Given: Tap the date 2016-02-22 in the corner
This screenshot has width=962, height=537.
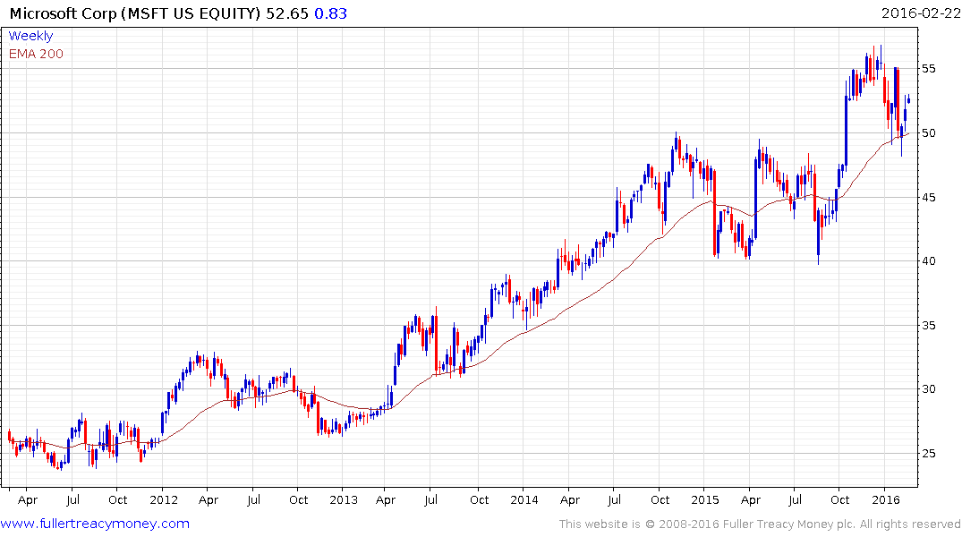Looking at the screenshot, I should (x=919, y=13).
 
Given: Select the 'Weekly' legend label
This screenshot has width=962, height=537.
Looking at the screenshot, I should (x=30, y=36).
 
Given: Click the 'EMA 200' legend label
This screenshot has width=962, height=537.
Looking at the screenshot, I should (x=36, y=54).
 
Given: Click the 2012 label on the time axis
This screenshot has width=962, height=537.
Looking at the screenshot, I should (x=163, y=499).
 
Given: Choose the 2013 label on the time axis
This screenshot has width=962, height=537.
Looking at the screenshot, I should (x=344, y=499).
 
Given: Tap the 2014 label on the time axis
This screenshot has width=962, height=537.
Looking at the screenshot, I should (x=524, y=499).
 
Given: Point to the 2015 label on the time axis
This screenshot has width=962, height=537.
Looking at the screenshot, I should (x=705, y=499).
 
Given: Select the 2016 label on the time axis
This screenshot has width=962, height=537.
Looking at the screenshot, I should (x=885, y=499).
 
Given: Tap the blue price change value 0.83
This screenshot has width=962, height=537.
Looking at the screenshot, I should (x=330, y=13).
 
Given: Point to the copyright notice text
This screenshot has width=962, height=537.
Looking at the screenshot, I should (x=760, y=524).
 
